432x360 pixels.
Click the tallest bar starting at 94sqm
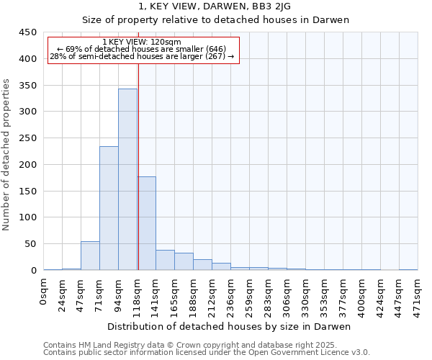pos(127,179)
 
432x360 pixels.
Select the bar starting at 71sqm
pos(109,208)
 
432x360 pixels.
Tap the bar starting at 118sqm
pos(147,223)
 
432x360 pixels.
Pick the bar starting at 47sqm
pos(90,256)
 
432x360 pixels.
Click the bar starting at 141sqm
pos(165,260)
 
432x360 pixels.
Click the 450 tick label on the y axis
pos(27,32)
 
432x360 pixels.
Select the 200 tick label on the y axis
pos(27,165)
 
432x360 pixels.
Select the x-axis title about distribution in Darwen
pos(230,327)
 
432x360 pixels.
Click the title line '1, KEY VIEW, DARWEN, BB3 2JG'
pos(215,7)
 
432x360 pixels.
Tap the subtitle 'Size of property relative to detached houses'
pos(215,20)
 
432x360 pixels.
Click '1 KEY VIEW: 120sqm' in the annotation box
pos(143,42)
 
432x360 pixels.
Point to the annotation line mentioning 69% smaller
pos(142,49)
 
